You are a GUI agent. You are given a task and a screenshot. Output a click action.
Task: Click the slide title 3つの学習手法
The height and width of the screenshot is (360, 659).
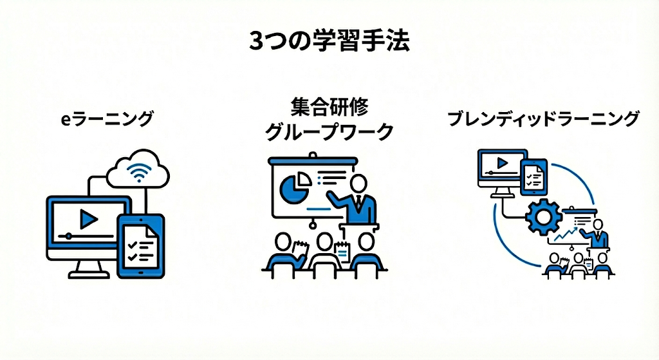329,42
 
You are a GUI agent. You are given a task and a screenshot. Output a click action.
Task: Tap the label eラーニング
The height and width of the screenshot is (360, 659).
104,118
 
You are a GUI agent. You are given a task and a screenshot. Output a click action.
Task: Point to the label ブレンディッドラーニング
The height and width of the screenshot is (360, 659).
544,119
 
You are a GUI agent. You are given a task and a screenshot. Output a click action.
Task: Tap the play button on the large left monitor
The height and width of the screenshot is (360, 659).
88,220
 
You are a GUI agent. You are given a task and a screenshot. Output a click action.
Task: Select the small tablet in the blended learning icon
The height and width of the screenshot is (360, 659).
534,176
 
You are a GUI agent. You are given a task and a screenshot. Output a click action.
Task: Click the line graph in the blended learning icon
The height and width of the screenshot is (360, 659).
564,236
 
